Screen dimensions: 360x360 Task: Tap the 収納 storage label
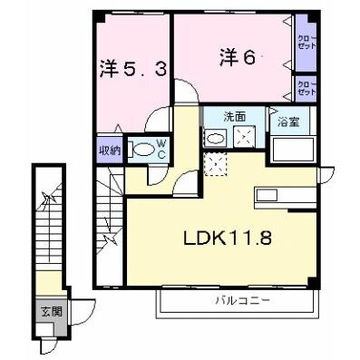[x=109, y=151]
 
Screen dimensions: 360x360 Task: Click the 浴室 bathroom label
[x=288, y=121]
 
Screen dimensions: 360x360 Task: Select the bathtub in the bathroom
[x=291, y=147]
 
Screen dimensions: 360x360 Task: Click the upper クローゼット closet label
[x=306, y=42]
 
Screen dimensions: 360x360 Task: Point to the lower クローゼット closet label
[x=306, y=87]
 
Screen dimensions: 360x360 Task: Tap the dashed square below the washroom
[x=216, y=164]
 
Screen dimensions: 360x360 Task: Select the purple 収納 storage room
[x=109, y=151]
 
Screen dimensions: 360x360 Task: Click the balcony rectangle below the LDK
[x=238, y=302]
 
